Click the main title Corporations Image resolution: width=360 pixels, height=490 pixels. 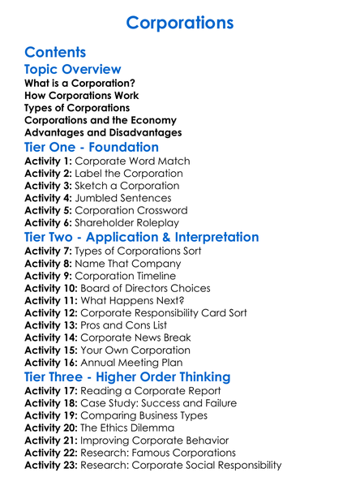(180, 22)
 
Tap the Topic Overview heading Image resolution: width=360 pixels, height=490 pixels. (73, 70)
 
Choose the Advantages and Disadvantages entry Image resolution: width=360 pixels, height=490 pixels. (103, 132)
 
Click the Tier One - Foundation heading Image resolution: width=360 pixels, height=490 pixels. (92, 148)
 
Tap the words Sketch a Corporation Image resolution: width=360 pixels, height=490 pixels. (126, 186)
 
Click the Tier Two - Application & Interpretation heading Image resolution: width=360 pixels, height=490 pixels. (142, 238)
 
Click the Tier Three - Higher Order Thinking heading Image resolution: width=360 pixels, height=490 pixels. (127, 377)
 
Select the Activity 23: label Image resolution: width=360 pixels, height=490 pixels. (54, 465)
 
